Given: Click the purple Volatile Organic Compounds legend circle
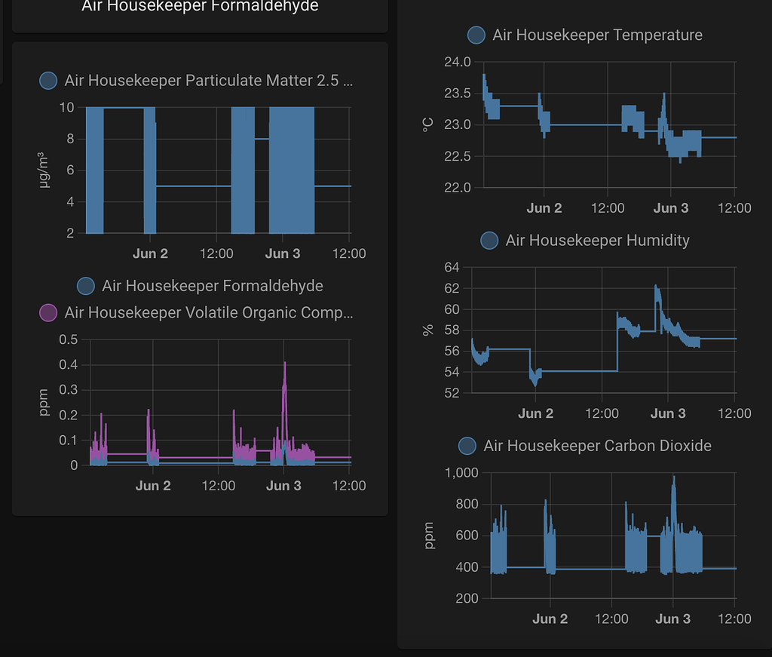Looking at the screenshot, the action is pyautogui.click(x=48, y=313).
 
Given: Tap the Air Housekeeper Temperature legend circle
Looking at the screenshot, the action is pyautogui.click(x=476, y=35).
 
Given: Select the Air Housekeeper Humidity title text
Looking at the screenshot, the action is pyautogui.click(x=597, y=241).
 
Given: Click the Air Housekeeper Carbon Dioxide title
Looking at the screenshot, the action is pyautogui.click(x=597, y=446).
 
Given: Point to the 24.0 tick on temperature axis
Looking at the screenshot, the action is pyautogui.click(x=458, y=62).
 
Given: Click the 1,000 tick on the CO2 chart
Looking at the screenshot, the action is pyautogui.click(x=461, y=473).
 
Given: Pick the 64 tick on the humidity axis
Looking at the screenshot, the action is pyautogui.click(x=452, y=267).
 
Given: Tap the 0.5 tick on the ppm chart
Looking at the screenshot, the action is pyautogui.click(x=69, y=339).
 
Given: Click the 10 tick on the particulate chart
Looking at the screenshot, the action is pyautogui.click(x=66, y=107).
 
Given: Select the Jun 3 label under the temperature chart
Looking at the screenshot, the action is pyautogui.click(x=670, y=208).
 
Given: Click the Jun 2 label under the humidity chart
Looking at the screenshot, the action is pyautogui.click(x=536, y=413).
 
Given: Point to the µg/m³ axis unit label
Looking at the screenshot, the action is pyautogui.click(x=43, y=170).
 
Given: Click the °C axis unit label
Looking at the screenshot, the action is pyautogui.click(x=427, y=125).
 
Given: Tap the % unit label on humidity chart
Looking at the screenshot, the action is pyautogui.click(x=428, y=330).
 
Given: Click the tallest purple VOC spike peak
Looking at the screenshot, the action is pyautogui.click(x=284, y=363).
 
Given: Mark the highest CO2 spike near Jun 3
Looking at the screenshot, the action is pyautogui.click(x=673, y=476).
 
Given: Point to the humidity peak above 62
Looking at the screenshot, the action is pyautogui.click(x=656, y=286).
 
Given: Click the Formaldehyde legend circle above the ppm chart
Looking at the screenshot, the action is pyautogui.click(x=86, y=286).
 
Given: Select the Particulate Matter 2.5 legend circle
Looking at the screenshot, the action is pyautogui.click(x=48, y=80).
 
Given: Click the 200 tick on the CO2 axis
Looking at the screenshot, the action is pyautogui.click(x=467, y=598).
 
